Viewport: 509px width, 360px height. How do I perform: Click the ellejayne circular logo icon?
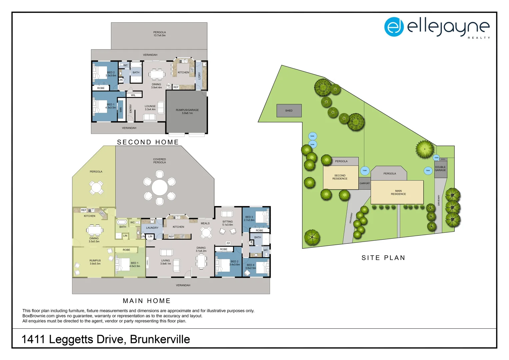pos(394,27)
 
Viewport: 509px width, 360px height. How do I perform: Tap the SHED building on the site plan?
pos(289,111)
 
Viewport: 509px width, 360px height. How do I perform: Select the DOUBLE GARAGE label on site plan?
pos(440,169)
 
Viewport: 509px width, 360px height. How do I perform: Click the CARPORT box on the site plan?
pos(364,183)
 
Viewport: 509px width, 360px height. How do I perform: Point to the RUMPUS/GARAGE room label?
pos(187,111)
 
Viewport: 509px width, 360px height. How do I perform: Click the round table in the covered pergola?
pos(160,187)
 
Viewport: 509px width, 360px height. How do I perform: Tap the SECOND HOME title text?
pos(148,142)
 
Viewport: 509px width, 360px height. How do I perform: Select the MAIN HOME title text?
pos(147,301)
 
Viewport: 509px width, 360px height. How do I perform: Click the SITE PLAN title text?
pos(383,258)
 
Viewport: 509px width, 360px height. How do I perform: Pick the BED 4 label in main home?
pos(251,266)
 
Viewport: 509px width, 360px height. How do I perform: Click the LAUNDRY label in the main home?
pos(152,228)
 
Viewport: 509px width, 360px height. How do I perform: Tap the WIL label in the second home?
pos(133,95)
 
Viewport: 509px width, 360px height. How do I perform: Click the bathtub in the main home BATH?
pos(122,222)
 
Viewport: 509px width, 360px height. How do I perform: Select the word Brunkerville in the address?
pos(160,339)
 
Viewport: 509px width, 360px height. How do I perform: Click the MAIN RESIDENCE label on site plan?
pos(398,192)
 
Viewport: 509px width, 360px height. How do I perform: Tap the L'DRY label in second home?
pos(200,76)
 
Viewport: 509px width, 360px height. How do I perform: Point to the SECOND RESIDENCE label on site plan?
pos(340,177)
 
